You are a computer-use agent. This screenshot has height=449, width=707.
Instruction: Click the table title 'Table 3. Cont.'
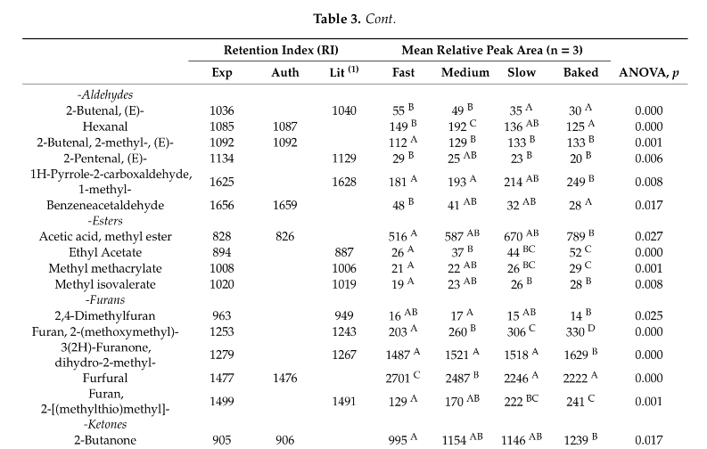(354, 18)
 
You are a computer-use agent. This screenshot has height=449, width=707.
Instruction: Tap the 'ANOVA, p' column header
(648, 73)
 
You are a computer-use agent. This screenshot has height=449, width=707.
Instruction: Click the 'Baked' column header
(580, 73)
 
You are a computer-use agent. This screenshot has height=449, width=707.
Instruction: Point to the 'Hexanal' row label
(104, 127)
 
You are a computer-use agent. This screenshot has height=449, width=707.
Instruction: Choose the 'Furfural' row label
(104, 379)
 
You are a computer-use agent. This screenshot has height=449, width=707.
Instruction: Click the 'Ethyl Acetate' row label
(104, 253)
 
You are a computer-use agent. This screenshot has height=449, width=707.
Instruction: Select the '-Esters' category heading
(104, 220)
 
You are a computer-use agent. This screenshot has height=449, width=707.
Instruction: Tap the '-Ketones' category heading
(104, 424)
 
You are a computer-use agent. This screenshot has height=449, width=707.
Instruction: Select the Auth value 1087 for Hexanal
(284, 127)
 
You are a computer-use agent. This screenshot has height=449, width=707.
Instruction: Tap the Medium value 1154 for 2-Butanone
(461, 439)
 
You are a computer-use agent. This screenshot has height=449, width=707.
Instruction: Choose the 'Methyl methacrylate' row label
(104, 269)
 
